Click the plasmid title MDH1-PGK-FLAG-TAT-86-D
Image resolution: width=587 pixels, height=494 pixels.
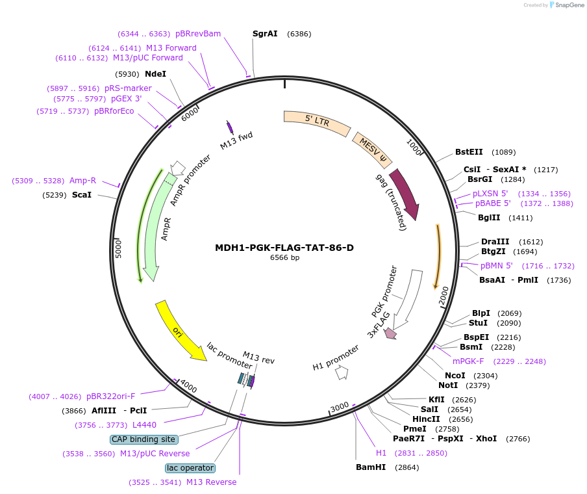pyautogui.click(x=284, y=248)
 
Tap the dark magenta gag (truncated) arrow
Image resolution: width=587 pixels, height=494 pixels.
pyautogui.click(x=404, y=194)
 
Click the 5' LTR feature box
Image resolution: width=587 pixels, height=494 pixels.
pyautogui.click(x=317, y=122)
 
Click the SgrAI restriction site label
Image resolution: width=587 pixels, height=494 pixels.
pyautogui.click(x=265, y=33)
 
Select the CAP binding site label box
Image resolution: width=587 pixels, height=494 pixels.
pyautogui.click(x=144, y=439)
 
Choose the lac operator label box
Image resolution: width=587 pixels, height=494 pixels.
pyautogui.click(x=190, y=468)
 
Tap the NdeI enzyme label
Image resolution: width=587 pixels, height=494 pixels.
pyautogui.click(x=155, y=73)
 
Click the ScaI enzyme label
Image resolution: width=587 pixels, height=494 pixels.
pyautogui.click(x=81, y=194)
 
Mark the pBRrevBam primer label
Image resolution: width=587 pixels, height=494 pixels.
pyautogui.click(x=198, y=33)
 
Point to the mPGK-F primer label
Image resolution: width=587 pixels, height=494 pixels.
pyautogui.click(x=468, y=361)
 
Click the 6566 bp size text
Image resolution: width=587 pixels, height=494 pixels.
pyautogui.click(x=284, y=258)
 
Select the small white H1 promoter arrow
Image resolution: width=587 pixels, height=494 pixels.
pyautogui.click(x=342, y=373)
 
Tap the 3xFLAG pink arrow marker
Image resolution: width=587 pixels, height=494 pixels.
pyautogui.click(x=390, y=333)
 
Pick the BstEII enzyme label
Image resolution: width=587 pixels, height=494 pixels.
pyautogui.click(x=469, y=152)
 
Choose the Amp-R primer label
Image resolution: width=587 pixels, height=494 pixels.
pyautogui.click(x=82, y=181)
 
